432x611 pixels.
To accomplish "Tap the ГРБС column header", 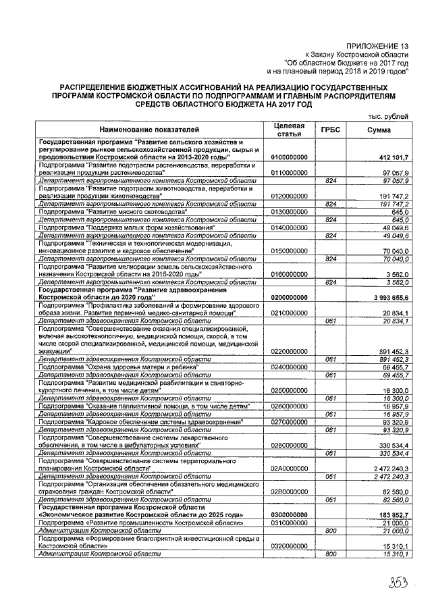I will (331, 130).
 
